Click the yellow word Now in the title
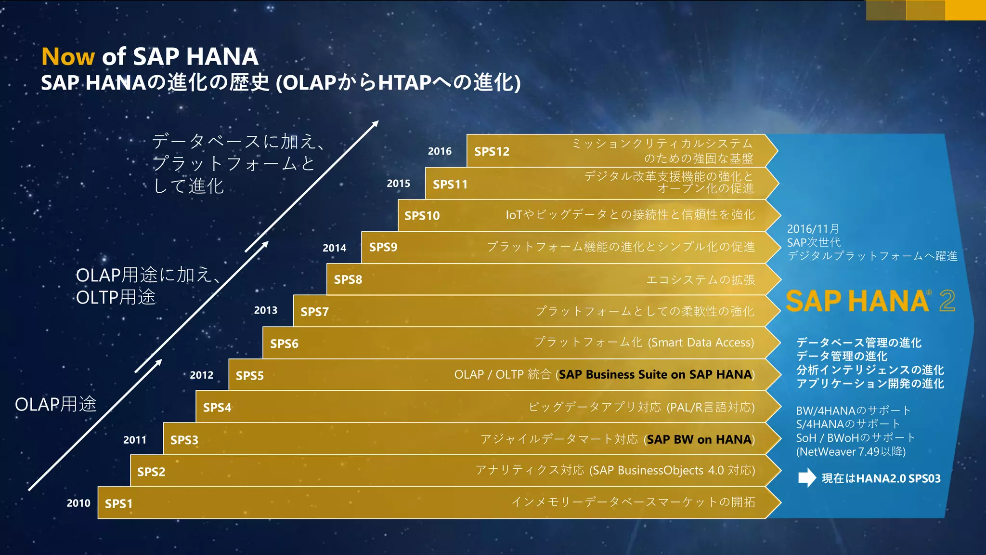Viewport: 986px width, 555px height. point(68,57)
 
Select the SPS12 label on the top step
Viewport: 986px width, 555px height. point(492,152)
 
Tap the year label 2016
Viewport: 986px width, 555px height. point(440,151)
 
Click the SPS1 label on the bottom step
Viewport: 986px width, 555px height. point(118,503)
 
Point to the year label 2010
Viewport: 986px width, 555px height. point(78,503)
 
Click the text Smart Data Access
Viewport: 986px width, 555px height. point(701,343)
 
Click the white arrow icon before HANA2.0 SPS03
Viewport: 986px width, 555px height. point(807,478)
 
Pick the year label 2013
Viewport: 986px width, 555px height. point(266,310)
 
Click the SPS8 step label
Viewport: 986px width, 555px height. point(348,279)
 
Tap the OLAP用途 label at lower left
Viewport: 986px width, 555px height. point(55,404)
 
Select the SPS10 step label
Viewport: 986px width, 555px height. point(422,216)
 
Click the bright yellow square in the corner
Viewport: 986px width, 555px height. point(965,10)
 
